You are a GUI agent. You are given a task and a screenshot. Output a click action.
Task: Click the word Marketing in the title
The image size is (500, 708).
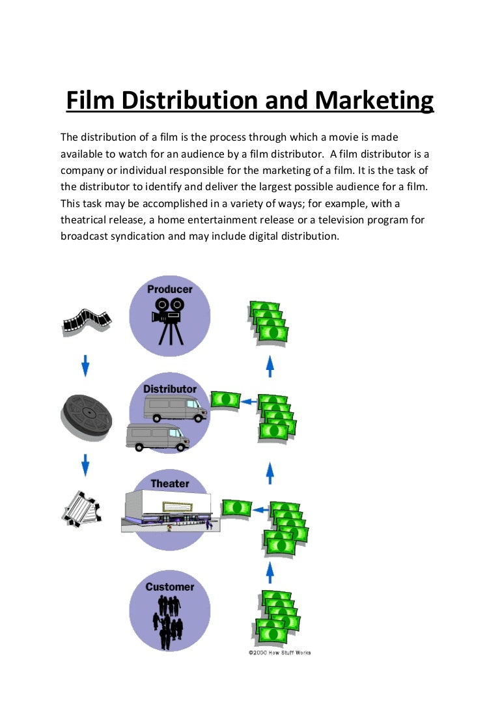coord(373,101)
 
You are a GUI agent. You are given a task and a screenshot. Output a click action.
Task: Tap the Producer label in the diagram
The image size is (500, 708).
coord(169,289)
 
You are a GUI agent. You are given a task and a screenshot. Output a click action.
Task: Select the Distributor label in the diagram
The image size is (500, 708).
coord(169,389)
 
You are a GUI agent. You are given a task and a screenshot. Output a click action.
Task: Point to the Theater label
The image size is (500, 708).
coord(169,483)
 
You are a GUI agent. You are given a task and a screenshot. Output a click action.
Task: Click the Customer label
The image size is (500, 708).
coord(169,587)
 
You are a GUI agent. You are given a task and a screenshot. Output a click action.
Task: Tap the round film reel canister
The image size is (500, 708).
coord(86,414)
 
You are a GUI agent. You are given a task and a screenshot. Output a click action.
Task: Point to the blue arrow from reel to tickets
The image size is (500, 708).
coord(85,464)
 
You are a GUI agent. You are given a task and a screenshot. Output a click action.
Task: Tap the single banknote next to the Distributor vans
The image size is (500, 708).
coord(225,399)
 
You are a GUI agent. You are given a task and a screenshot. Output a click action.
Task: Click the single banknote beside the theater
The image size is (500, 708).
coord(236,507)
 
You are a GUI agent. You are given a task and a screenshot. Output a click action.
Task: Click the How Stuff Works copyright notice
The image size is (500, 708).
coord(279,653)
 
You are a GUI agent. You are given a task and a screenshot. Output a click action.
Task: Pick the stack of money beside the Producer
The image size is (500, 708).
coord(268,321)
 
